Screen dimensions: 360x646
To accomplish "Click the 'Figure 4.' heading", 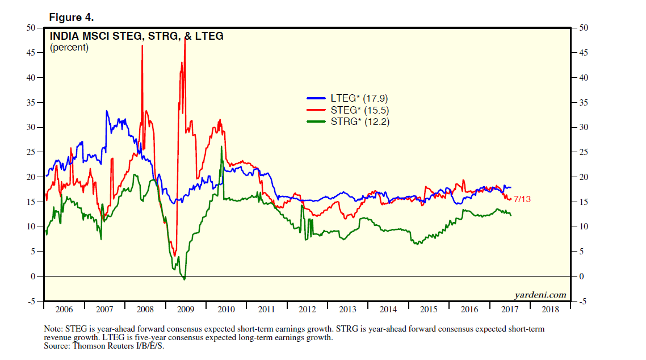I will click(x=71, y=18).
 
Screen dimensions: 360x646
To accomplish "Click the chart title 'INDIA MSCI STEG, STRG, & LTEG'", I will click(x=137, y=36).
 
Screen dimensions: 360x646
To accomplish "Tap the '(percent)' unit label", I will click(x=69, y=48).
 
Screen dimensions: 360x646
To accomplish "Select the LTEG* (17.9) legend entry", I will click(x=347, y=98).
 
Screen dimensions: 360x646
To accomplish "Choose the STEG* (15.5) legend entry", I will click(x=347, y=110).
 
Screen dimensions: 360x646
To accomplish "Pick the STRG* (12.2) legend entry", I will click(x=347, y=122).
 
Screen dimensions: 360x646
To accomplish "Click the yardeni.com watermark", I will click(x=540, y=294).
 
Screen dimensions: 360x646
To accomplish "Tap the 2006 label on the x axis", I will click(x=64, y=310).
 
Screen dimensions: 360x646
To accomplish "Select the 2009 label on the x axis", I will click(x=186, y=310).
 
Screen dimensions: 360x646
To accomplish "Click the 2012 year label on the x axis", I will click(x=307, y=310).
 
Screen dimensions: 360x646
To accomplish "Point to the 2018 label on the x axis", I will click(x=550, y=310).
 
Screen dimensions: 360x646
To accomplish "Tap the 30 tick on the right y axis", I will click(x=584, y=127).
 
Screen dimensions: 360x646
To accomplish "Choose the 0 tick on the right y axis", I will click(x=581, y=277).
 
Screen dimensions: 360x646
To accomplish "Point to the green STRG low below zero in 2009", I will click(x=184, y=279).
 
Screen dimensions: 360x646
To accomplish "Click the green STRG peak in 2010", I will click(x=221, y=147).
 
